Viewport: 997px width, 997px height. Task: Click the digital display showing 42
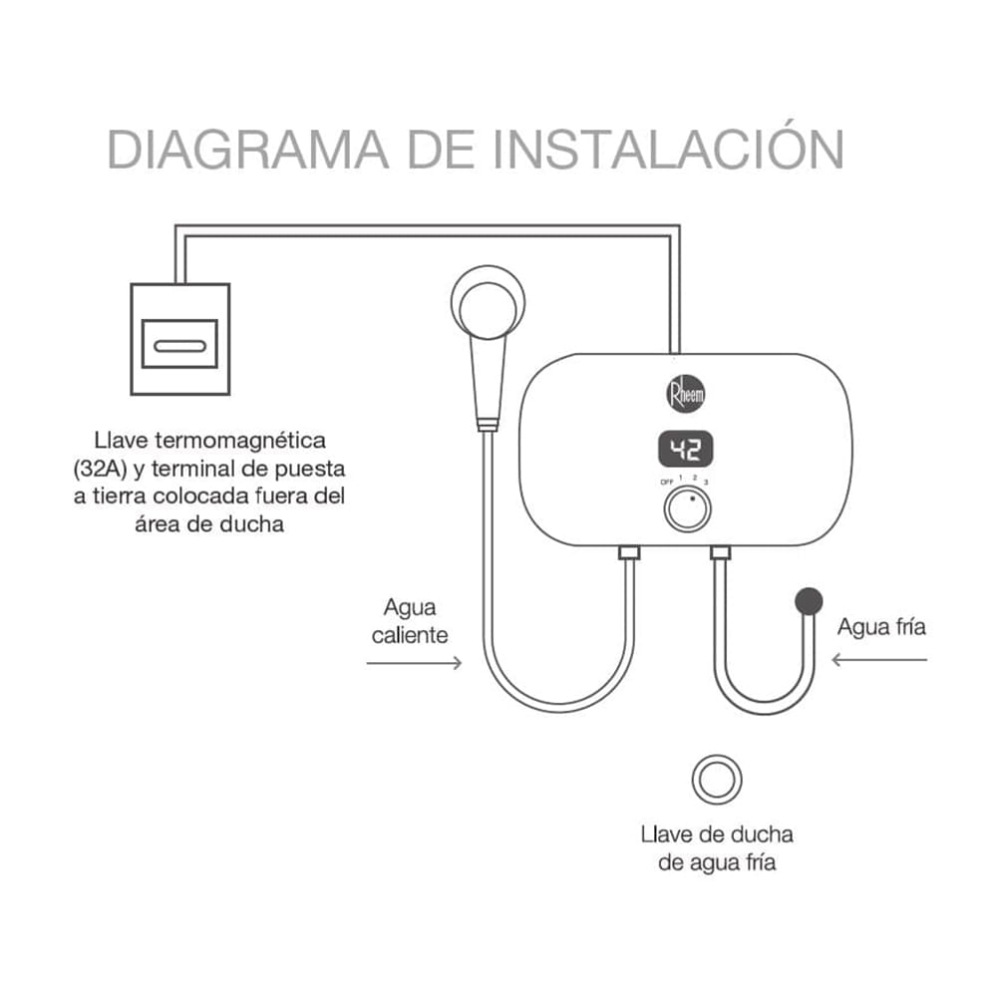[x=686, y=450]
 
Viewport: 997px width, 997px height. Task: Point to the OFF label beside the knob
[x=665, y=484]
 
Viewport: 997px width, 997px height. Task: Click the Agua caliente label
[x=410, y=620]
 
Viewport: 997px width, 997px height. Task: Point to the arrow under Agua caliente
[x=414, y=662]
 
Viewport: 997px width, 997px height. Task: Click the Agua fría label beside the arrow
[x=881, y=627]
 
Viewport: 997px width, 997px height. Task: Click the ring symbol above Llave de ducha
[x=718, y=778]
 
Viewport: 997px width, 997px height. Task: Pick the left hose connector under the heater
[x=630, y=551]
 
